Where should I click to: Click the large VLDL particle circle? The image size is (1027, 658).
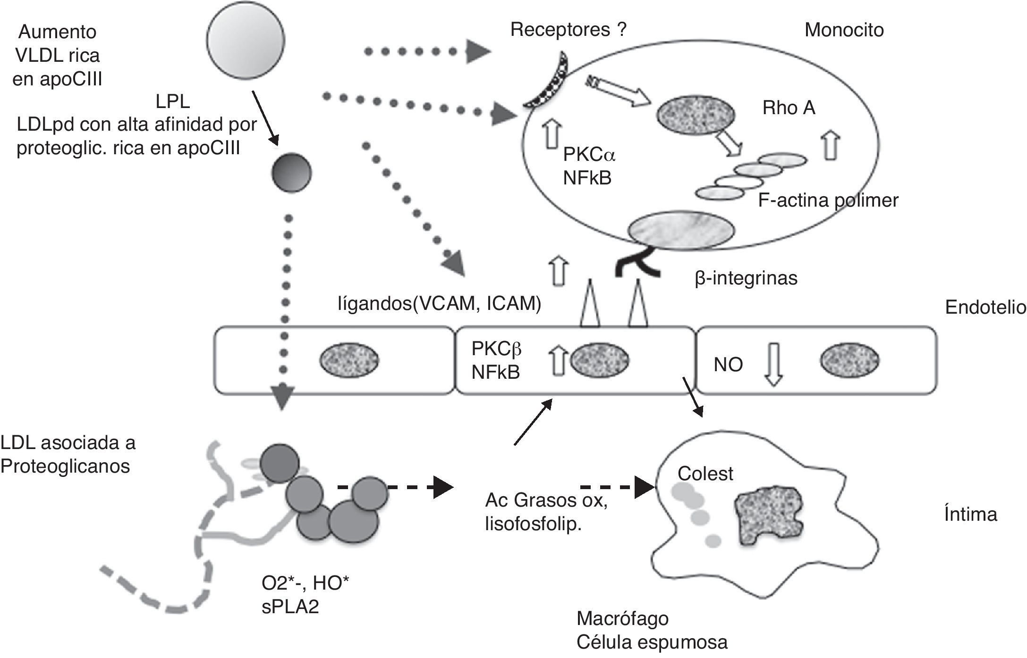(246, 40)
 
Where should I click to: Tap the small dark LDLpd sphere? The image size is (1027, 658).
(291, 173)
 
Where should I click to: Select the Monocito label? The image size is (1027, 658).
(844, 30)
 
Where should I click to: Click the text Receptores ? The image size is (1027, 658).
(569, 30)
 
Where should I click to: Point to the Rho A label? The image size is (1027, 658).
(789, 108)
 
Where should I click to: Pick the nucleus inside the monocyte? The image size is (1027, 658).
(696, 115)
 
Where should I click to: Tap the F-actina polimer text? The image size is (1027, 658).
(828, 200)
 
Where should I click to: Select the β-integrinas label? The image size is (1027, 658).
(746, 278)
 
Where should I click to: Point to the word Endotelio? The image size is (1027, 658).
(985, 308)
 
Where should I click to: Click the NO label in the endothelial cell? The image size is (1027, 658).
(728, 365)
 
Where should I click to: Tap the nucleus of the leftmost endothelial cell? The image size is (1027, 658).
(349, 361)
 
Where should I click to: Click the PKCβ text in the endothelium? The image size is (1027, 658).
(496, 349)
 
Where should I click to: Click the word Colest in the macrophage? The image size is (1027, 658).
(705, 474)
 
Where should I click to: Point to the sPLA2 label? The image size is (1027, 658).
(290, 607)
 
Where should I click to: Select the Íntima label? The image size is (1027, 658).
(970, 514)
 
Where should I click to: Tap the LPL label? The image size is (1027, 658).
(172, 101)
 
